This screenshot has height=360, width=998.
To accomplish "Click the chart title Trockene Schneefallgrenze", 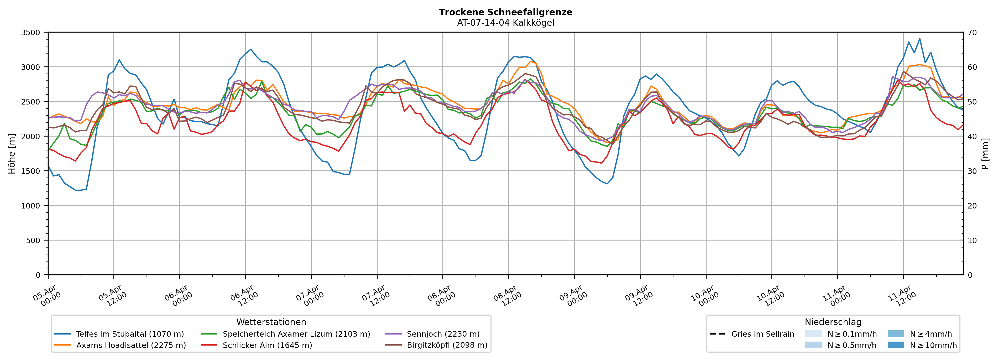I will click(x=505, y=12).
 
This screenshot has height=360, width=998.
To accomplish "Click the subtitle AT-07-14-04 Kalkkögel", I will click(x=505, y=23).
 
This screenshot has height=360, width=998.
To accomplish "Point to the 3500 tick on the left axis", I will click(x=31, y=33).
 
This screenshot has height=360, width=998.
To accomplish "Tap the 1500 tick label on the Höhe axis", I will click(x=31, y=171).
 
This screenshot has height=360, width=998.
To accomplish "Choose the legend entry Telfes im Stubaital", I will click(x=130, y=334).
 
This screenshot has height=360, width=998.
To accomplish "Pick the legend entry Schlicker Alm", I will click(x=267, y=345).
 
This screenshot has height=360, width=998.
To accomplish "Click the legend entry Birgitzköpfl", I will click(x=447, y=345).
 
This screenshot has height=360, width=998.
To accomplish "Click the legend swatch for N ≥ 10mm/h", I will click(x=895, y=345).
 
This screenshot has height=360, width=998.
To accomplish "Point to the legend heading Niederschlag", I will click(x=833, y=322).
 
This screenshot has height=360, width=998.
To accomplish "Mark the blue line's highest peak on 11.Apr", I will click(x=920, y=39).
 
